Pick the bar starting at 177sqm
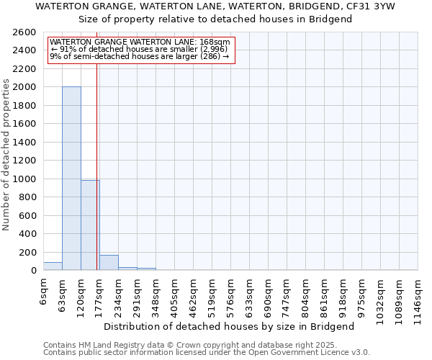pyautogui.click(x=109, y=263)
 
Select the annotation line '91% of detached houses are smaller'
pyautogui.click(x=140, y=49)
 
